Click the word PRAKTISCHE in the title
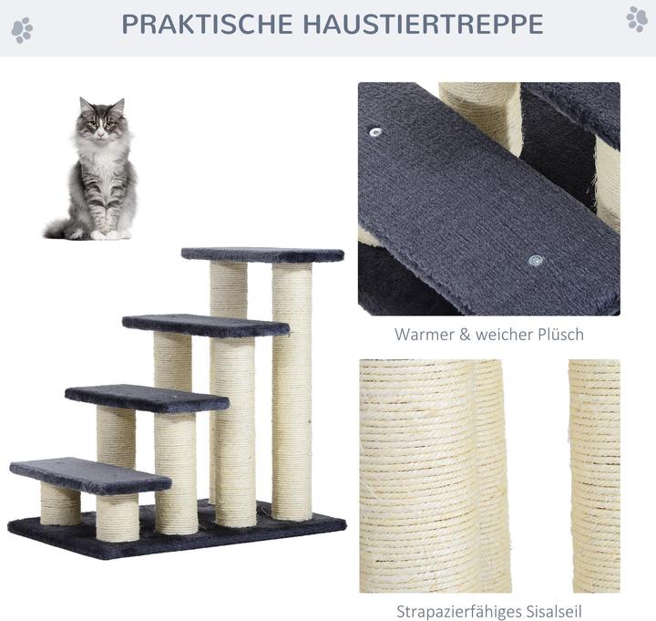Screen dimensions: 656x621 click(x=208, y=24)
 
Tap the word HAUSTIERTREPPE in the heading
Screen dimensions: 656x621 click(x=424, y=24)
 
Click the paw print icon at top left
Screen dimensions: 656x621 click(x=22, y=30)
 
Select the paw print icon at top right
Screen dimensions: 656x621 click(x=637, y=19)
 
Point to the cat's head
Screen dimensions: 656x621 click(x=102, y=118)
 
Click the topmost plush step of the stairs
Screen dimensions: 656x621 click(x=262, y=254)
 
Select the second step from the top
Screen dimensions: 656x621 click(x=206, y=326)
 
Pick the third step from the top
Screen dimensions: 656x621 click(x=148, y=398)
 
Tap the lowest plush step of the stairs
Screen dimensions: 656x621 click(x=90, y=475)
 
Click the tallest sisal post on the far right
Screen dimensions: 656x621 click(x=292, y=390)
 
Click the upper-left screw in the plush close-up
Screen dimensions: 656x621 click(x=375, y=132)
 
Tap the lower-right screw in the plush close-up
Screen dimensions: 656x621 click(x=536, y=261)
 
